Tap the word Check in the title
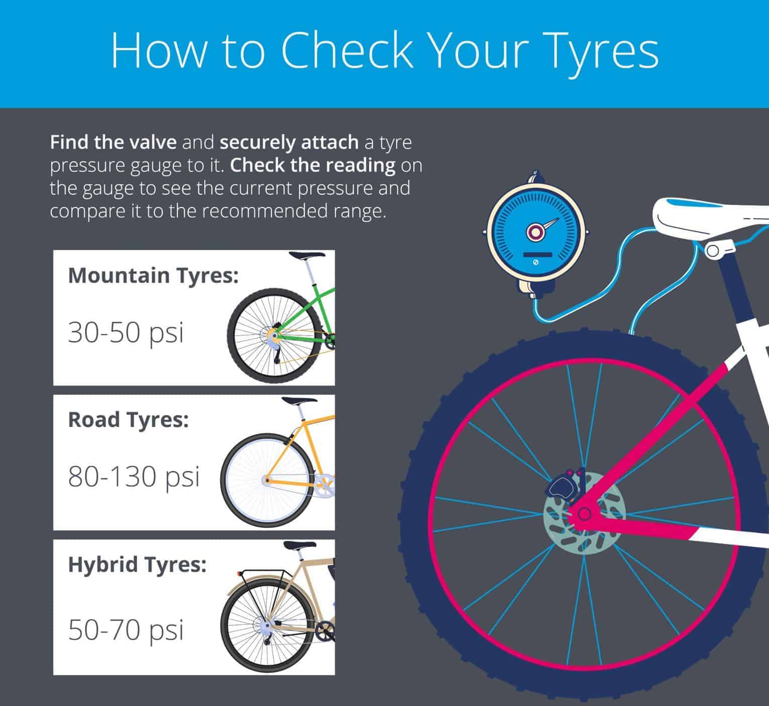click(x=348, y=50)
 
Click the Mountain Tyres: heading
click(x=153, y=276)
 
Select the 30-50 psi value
click(x=126, y=333)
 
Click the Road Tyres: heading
click(x=129, y=420)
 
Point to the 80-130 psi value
click(x=134, y=477)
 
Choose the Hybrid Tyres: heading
click(x=137, y=565)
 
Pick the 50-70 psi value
click(x=126, y=631)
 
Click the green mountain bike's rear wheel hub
click(x=274, y=336)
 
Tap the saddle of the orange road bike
click(x=299, y=401)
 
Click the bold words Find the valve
click(x=114, y=142)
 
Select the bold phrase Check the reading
click(x=313, y=165)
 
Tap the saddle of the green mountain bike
click(x=307, y=255)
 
